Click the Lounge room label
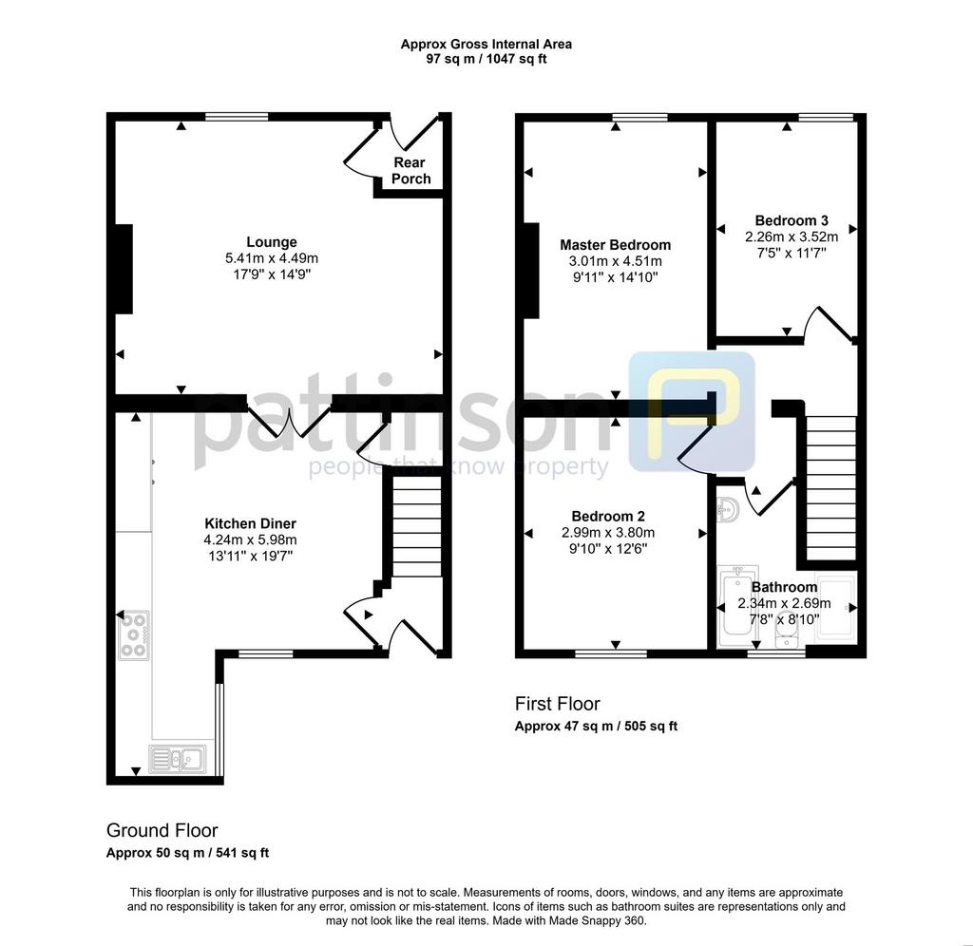click(272, 242)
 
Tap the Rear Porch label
click(410, 171)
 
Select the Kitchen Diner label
click(251, 523)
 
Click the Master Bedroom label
click(615, 245)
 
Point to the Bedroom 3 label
click(792, 220)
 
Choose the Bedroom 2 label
click(608, 516)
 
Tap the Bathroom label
click(784, 587)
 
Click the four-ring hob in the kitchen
click(134, 634)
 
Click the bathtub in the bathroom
click(737, 606)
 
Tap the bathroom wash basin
click(728, 510)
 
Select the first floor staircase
click(830, 488)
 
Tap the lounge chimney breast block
click(124, 269)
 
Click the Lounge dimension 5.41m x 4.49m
click(272, 258)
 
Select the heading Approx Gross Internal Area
click(486, 44)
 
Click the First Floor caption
click(557, 704)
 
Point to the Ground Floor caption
click(162, 830)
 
